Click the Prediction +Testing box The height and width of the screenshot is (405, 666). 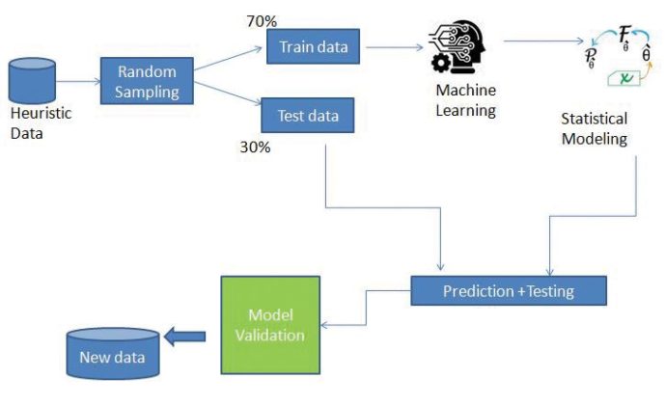coord(509,290)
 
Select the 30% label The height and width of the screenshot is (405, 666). coord(256,148)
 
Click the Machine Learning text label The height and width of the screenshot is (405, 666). coord(464,101)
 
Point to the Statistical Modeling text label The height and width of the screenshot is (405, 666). coord(594,129)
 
